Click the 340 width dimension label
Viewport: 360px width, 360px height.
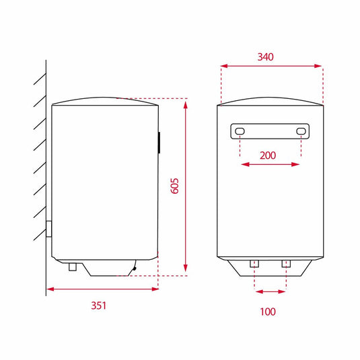(x=265, y=57)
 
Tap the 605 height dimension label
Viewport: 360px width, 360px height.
(x=175, y=186)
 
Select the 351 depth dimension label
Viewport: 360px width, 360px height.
(x=99, y=305)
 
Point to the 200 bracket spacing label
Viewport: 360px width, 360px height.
(x=268, y=155)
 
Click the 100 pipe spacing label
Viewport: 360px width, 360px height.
(x=268, y=312)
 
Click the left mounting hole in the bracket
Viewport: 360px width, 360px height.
(x=240, y=131)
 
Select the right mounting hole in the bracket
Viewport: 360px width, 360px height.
(x=301, y=131)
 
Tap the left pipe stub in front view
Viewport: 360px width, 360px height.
(x=254, y=264)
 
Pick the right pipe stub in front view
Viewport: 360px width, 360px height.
(x=286, y=264)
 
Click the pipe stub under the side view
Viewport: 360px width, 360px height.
(x=73, y=267)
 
